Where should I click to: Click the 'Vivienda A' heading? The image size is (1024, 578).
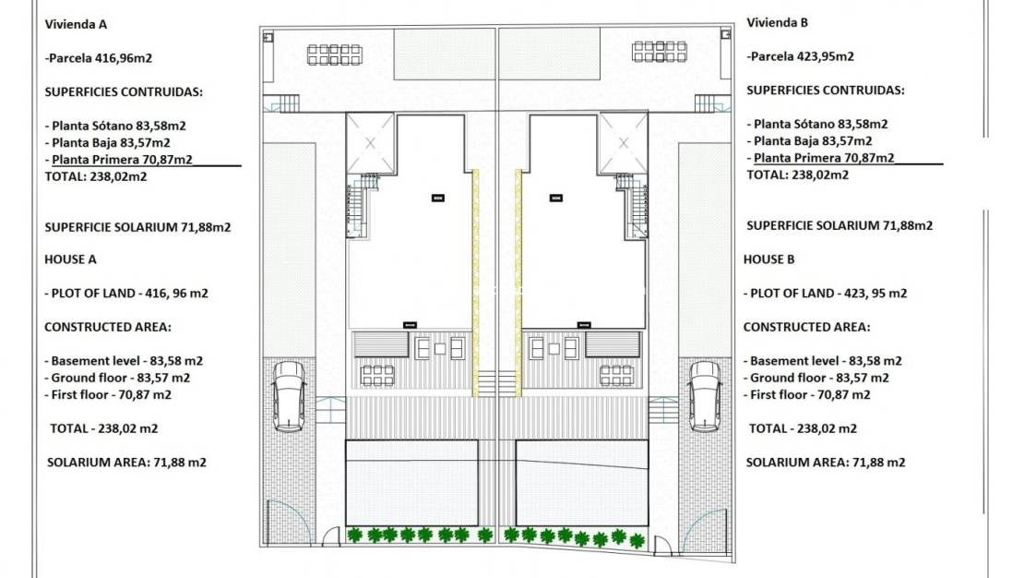(x=81, y=24)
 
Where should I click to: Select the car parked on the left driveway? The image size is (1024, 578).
(x=289, y=396)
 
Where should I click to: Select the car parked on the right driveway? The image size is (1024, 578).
(x=705, y=396)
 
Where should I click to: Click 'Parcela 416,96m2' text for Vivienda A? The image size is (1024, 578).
(x=98, y=57)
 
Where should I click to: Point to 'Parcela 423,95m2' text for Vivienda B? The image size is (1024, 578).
(x=800, y=56)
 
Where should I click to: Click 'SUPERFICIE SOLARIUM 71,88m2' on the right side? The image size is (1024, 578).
(x=839, y=225)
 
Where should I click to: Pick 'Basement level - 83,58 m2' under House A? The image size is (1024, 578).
(x=124, y=361)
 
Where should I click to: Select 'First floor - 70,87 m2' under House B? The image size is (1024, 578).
(x=808, y=394)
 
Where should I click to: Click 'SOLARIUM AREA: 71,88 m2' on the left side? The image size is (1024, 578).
(x=126, y=462)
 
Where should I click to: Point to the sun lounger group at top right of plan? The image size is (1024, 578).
(x=660, y=51)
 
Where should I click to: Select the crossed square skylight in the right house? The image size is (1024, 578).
(x=623, y=143)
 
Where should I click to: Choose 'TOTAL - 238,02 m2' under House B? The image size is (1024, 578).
(x=802, y=428)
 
